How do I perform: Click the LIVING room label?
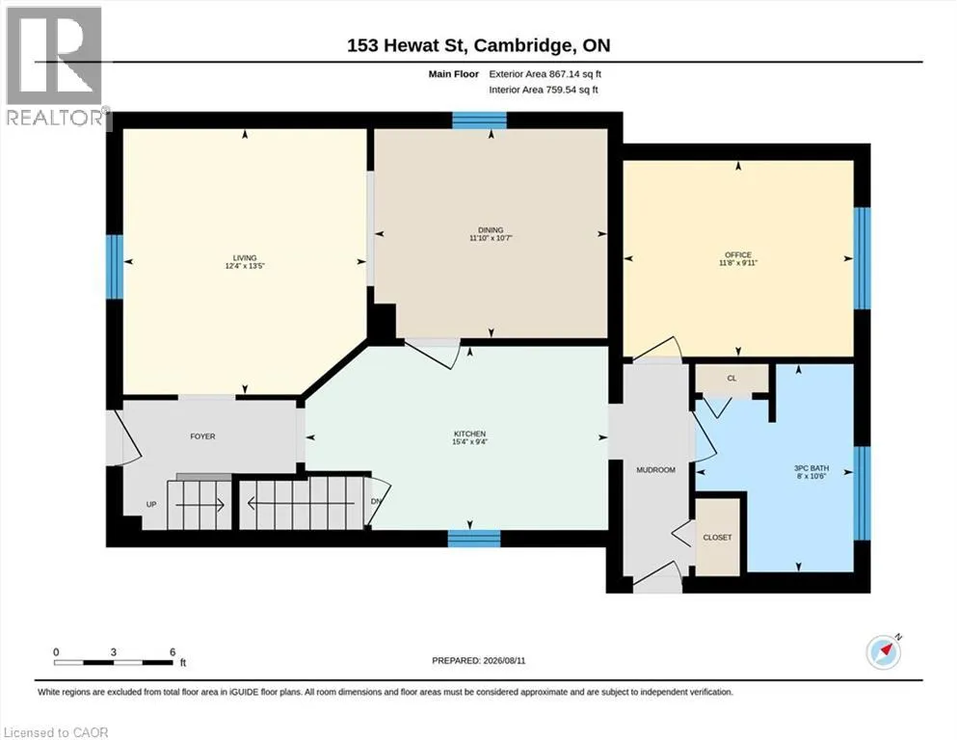[x=245, y=257]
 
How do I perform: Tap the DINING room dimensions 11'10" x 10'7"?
[x=491, y=238]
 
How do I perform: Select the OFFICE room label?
[x=738, y=254]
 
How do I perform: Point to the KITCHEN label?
[x=469, y=434]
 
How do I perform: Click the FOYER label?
[x=202, y=436]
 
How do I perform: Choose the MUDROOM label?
[x=655, y=470]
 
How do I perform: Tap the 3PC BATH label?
[x=811, y=468]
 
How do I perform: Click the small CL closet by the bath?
[x=731, y=379]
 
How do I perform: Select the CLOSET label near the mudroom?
[x=717, y=538]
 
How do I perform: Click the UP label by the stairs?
[x=151, y=505]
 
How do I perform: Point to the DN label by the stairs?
[x=376, y=501]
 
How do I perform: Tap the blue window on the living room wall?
[x=114, y=267]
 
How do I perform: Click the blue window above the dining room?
[x=479, y=120]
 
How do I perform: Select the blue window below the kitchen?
[x=474, y=539]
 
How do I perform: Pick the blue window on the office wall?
[x=862, y=258]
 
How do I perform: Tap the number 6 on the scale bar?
[x=173, y=651]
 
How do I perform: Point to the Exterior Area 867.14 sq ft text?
[x=545, y=74]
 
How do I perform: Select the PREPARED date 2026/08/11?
[x=504, y=661]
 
